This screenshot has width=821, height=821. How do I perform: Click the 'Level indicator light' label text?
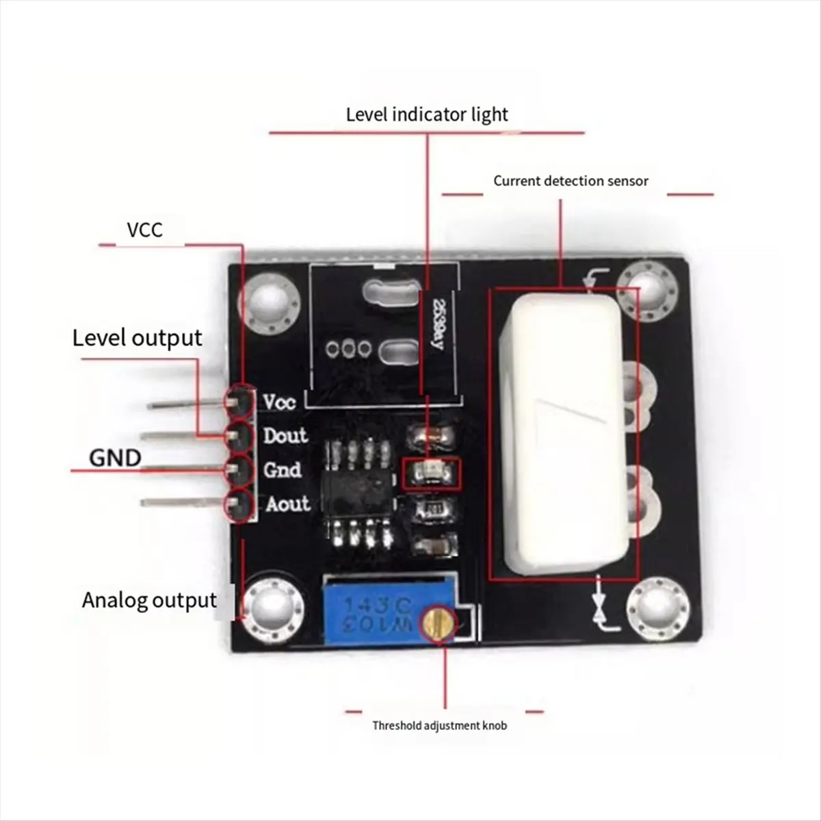point(427,114)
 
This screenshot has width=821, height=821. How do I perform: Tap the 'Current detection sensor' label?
point(571,181)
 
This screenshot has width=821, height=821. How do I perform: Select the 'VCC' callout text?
point(144,229)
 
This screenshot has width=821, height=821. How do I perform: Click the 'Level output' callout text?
point(137,338)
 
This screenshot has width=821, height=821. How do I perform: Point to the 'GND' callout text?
point(115,458)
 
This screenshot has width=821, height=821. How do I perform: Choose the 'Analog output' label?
point(149,600)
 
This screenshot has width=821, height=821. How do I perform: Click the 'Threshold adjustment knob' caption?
point(439,725)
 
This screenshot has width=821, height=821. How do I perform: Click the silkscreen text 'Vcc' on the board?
point(280,402)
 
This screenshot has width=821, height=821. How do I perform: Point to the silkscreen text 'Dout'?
point(285,436)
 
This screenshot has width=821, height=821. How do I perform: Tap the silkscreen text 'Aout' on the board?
point(287,504)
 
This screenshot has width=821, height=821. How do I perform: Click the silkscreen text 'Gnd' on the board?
point(283,470)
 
